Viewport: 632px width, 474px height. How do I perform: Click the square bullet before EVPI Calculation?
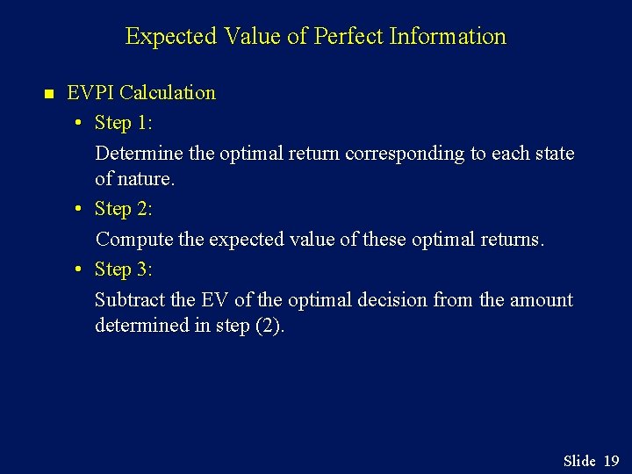pos(49,93)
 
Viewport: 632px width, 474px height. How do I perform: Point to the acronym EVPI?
pos(91,92)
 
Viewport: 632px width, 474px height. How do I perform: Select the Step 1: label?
pos(123,122)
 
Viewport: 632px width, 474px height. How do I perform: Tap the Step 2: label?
pos(123,209)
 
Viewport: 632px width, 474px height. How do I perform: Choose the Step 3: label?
pos(123,269)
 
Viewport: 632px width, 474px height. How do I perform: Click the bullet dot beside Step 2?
pos(79,210)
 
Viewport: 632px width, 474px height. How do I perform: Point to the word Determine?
pos(139,153)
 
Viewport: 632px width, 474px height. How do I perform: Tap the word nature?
pos(147,179)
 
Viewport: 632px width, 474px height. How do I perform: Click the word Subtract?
pos(130,299)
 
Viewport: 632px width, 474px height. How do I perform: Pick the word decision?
pos(392,299)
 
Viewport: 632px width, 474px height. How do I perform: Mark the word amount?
pos(540,299)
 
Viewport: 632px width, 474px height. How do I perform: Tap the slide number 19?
pos(611,461)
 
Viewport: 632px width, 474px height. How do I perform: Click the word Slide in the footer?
pos(579,461)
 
